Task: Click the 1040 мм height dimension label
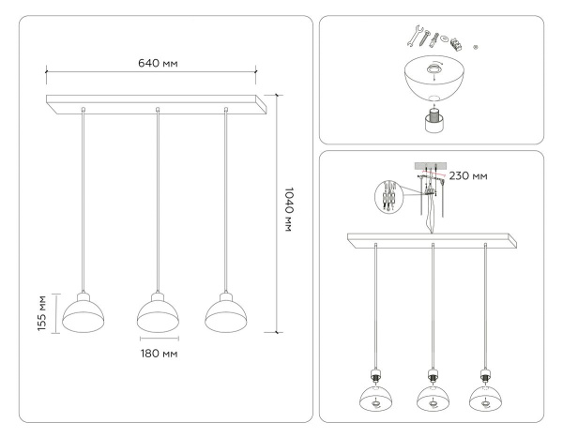(x=289, y=210)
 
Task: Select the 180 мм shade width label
(x=158, y=354)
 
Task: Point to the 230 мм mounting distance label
(x=467, y=174)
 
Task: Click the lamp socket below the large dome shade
(x=435, y=119)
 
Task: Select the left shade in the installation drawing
(x=376, y=395)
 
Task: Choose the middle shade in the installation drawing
(x=432, y=395)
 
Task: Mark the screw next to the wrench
(x=427, y=38)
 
